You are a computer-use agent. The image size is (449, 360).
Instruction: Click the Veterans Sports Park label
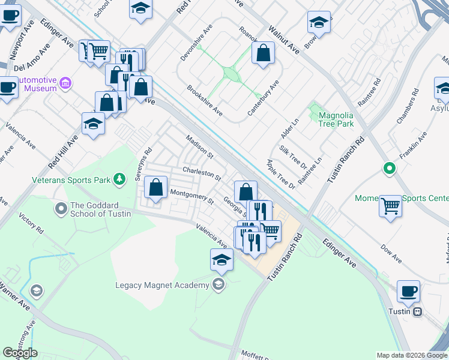[71, 179]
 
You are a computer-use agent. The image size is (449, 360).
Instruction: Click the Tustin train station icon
[417, 311]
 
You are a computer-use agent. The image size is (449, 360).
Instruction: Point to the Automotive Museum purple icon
[66, 83]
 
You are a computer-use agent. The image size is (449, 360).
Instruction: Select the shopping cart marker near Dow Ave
[391, 206]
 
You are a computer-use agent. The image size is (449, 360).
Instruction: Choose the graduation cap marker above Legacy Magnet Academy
[221, 260]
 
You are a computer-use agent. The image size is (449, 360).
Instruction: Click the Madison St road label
[200, 146]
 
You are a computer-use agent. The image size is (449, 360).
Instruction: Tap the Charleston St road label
[202, 175]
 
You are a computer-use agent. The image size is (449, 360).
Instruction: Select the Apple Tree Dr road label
[281, 175]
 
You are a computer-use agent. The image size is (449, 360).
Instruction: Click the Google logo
[20, 353]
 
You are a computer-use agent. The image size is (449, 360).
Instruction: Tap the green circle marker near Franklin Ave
[389, 169]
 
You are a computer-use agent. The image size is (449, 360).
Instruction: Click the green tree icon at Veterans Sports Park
[120, 178]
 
